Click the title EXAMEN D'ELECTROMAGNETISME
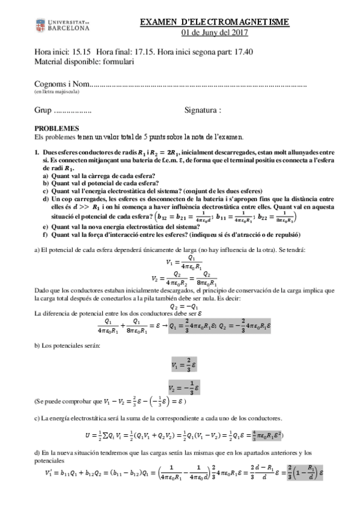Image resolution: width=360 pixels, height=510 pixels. pos(214,22)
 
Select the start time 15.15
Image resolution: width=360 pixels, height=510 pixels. pos(80,52)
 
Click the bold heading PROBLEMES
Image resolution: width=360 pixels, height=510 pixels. pos(56,129)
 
